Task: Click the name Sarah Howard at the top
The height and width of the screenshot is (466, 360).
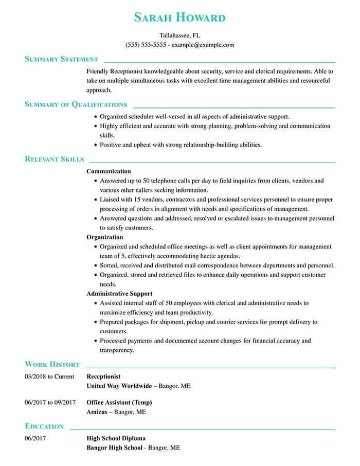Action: coord(179,17)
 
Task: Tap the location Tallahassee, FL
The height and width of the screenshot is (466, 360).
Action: coord(179,35)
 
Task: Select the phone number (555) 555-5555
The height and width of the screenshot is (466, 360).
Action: coord(146,45)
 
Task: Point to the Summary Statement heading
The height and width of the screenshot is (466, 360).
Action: coord(61,59)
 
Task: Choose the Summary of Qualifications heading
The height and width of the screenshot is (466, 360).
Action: coord(76,104)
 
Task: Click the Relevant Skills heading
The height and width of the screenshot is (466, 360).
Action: coord(54,159)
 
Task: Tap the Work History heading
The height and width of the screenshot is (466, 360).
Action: coord(52,364)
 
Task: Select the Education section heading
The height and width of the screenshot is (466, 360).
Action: coord(44,426)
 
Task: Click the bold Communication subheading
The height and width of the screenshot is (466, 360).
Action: coord(109,171)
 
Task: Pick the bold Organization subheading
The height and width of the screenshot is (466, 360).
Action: coord(104,237)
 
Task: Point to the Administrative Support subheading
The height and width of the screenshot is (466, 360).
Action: coord(119,294)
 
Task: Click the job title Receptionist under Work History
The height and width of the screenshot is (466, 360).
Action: coord(103,377)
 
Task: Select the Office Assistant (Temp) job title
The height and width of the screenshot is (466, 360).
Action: coord(119,402)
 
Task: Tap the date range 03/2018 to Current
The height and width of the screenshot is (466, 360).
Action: coord(49,377)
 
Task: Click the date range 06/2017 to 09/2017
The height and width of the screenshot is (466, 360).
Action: coord(50,402)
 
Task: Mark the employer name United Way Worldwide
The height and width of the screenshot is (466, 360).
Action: coord(119,386)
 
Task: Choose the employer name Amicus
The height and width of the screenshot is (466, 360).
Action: coord(97,412)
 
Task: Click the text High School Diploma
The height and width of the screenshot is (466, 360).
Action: coord(116,438)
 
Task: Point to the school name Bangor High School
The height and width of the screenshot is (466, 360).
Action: coord(114,447)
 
